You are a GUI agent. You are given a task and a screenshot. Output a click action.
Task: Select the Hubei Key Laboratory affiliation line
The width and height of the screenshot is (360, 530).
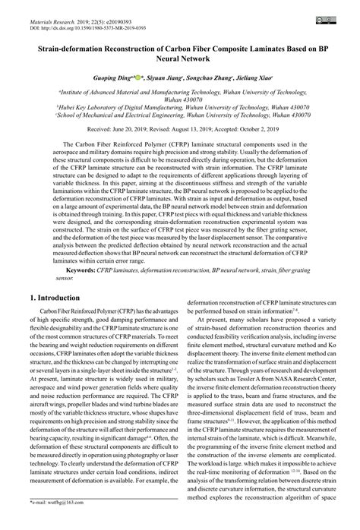[x=180, y=107]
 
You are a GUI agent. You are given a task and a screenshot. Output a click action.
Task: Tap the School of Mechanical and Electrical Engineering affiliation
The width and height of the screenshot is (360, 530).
[x=180, y=115]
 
